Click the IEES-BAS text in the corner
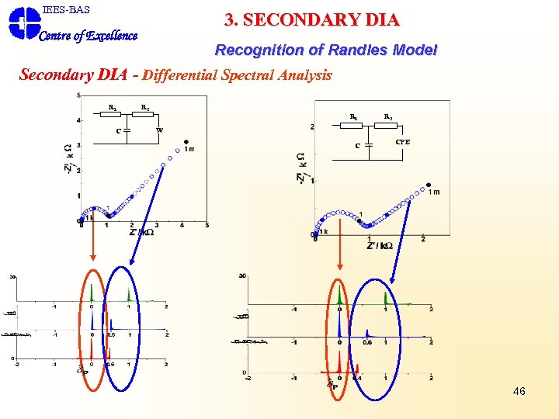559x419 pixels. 66,10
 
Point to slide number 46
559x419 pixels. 519,391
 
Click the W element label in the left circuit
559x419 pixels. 160,130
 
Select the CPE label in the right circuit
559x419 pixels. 402,142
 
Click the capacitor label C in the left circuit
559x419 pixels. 118,130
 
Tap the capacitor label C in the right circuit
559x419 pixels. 357,145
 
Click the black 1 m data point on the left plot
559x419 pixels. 186,142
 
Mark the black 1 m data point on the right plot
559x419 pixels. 429,185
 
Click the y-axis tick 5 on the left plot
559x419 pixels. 78,95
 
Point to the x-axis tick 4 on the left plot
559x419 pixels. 182,226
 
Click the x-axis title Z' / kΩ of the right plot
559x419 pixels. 380,246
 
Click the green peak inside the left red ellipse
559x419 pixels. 92,293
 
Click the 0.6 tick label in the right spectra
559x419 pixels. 367,342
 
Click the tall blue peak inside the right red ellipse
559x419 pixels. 339,326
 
